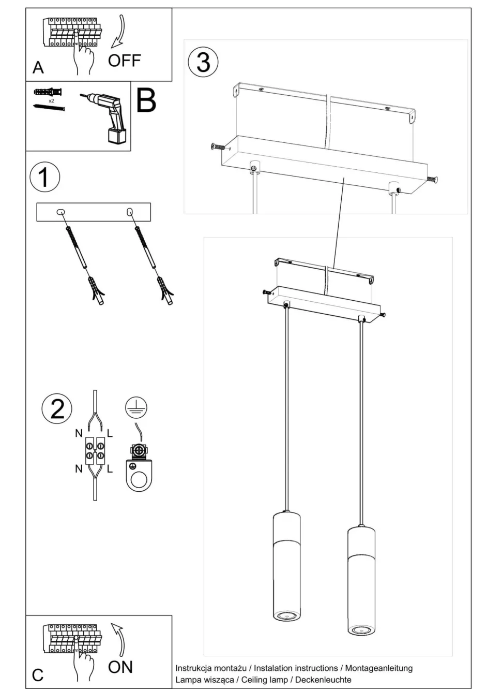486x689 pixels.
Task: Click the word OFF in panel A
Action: [x=124, y=61]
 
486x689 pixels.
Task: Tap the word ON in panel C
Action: [x=120, y=667]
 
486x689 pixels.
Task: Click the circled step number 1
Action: [x=44, y=177]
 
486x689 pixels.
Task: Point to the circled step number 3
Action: [x=203, y=62]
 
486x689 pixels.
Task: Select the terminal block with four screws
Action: [x=95, y=450]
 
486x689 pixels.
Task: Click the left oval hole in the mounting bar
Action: [x=61, y=212]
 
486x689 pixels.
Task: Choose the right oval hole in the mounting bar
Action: [x=129, y=212]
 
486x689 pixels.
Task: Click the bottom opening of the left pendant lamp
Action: [x=285, y=616]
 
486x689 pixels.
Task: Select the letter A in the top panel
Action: [x=38, y=68]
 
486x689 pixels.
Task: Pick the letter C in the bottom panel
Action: [x=38, y=675]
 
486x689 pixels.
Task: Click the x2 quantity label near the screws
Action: [x=51, y=101]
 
